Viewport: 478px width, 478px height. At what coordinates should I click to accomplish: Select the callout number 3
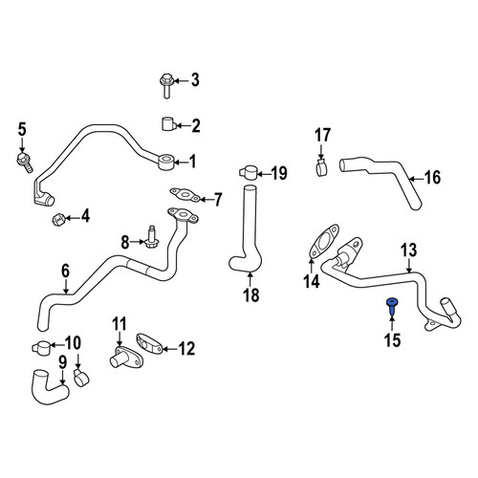(195, 80)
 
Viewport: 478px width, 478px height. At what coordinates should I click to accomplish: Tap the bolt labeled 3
(166, 85)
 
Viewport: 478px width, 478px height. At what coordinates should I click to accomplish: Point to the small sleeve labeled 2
(168, 124)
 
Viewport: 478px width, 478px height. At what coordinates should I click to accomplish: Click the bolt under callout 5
(24, 163)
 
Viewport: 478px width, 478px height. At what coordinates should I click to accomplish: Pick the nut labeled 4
(58, 219)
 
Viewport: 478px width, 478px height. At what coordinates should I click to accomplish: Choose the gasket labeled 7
(185, 195)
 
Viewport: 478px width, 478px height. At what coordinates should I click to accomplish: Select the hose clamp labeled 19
(248, 173)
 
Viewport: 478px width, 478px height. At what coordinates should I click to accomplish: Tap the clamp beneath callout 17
(322, 166)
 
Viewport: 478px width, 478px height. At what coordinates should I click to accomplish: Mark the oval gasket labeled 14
(324, 242)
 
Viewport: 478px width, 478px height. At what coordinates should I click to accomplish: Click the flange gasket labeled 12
(149, 344)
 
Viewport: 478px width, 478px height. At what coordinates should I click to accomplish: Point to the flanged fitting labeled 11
(125, 358)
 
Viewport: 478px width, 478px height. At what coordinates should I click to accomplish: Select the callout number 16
(432, 178)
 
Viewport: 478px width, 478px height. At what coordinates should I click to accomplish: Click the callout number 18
(251, 294)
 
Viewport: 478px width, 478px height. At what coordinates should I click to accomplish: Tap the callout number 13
(409, 250)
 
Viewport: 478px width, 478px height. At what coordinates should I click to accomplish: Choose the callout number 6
(65, 271)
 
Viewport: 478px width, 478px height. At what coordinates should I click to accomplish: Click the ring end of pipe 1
(166, 162)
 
